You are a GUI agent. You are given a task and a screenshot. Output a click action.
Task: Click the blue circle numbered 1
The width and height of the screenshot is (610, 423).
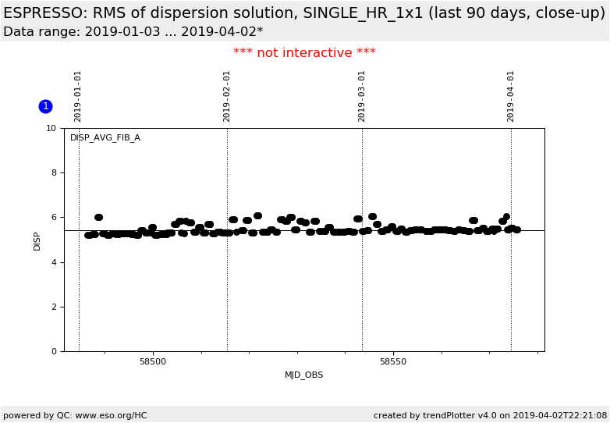[45, 106]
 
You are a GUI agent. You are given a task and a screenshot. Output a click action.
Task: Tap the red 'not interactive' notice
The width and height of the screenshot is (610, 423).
[304, 53]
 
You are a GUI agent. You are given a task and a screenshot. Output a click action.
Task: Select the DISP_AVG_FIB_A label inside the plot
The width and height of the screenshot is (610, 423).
[105, 138]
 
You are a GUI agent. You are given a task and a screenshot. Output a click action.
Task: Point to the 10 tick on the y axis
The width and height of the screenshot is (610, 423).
[51, 128]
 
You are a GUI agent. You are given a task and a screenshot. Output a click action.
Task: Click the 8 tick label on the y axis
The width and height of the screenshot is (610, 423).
[53, 172]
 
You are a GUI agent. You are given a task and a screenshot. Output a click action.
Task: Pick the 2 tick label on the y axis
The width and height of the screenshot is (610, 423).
[53, 307]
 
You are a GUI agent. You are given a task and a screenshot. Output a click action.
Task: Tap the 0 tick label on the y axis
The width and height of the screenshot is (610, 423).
[53, 351]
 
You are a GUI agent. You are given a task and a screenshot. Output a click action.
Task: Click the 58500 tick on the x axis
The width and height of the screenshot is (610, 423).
[153, 361]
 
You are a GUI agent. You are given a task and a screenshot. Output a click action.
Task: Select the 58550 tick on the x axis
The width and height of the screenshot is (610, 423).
[393, 361]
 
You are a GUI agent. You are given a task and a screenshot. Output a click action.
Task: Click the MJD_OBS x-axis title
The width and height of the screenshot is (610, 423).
[303, 375]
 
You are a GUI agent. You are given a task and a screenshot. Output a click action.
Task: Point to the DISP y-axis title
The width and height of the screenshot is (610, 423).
[37, 240]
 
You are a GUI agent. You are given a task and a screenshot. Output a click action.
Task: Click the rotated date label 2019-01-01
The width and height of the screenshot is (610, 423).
[78, 96]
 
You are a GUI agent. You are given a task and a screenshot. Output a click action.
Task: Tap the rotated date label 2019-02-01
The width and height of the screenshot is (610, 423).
[227, 96]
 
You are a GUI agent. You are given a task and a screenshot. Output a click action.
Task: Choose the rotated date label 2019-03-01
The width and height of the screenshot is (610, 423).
[362, 96]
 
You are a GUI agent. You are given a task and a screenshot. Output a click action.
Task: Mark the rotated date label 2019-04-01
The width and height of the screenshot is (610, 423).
[511, 96]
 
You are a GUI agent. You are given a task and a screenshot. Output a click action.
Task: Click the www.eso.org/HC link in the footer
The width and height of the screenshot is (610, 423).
[111, 416]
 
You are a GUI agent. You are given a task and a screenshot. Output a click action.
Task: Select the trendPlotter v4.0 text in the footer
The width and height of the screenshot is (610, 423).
[463, 416]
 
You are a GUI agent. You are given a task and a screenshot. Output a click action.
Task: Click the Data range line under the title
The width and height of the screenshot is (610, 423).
[133, 32]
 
